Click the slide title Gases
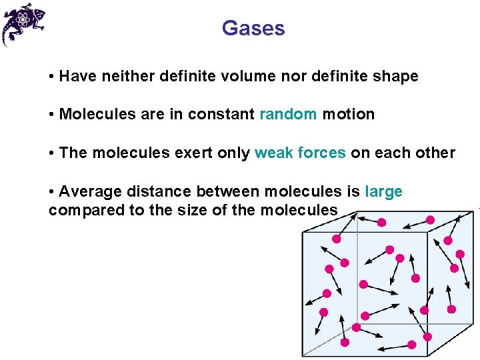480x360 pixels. [x=253, y=29]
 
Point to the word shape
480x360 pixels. [x=396, y=77]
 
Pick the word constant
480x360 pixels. [x=221, y=115]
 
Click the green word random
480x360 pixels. [x=288, y=115]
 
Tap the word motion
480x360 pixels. [x=349, y=115]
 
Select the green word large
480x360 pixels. [x=384, y=192]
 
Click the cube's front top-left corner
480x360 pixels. [x=303, y=231]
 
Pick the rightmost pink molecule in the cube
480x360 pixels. [x=460, y=253]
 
